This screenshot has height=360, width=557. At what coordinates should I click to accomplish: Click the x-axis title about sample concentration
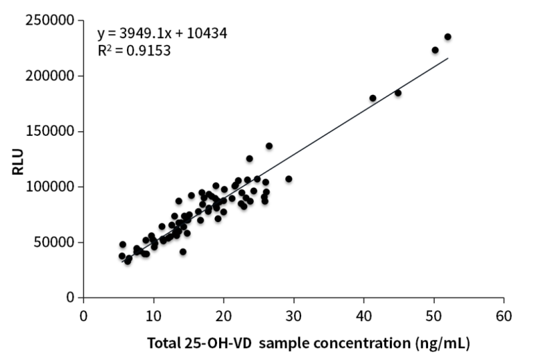coord(309,343)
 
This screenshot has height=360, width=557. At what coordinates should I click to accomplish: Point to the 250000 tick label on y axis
coord(52,20)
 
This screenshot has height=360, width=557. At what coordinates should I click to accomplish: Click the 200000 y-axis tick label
coord(52,76)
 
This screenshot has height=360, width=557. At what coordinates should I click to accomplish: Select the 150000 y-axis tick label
coord(52,131)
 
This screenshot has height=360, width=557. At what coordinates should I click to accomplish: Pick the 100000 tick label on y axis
coord(52,187)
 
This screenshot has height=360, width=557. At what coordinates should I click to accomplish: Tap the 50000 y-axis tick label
coord(55,242)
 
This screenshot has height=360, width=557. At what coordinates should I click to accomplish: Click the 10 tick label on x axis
coord(153,314)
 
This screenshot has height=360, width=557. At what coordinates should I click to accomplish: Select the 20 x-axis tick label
coord(223,314)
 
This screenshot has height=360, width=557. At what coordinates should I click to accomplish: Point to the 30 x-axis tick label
coord(293,314)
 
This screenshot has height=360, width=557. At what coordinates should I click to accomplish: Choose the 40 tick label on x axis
coord(363,314)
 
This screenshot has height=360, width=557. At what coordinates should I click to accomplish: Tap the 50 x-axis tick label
coord(434,314)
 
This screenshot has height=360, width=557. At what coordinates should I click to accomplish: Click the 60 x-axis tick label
coord(504,314)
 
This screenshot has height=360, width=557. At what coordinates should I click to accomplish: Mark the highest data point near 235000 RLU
coord(447,37)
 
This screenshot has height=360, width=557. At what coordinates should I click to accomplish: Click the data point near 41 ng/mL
coord(372,98)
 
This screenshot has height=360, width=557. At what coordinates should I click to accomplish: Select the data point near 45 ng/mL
coord(398,92)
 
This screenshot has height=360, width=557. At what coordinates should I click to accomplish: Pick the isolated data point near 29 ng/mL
coord(289,179)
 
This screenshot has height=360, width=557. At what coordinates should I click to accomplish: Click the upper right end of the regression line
coord(448,58)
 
